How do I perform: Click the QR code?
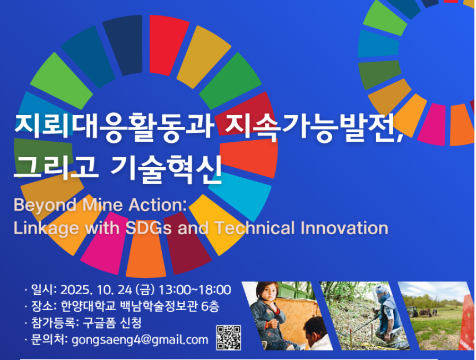[229, 338]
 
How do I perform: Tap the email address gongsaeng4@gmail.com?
[140, 340]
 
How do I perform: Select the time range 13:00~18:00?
[195, 290]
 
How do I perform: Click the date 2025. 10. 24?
[96, 290]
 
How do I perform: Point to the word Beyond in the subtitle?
[45, 205]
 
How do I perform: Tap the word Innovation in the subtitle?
[344, 228]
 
